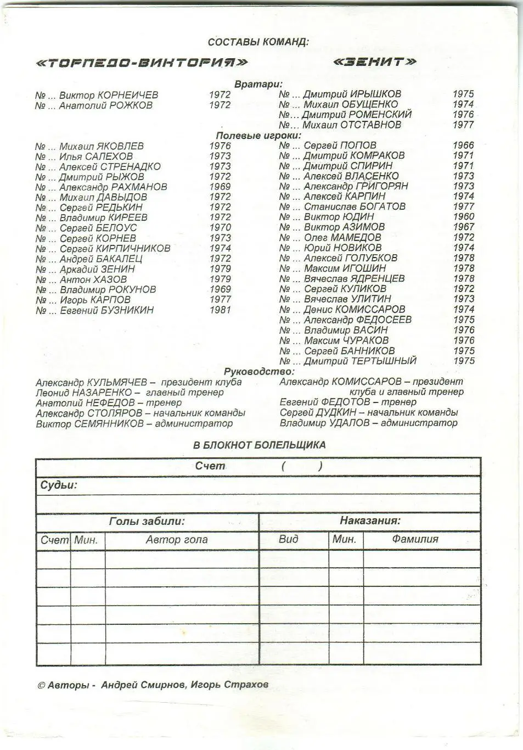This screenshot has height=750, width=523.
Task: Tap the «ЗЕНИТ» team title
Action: pos(375,61)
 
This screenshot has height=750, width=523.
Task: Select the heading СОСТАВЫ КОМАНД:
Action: pos(258,42)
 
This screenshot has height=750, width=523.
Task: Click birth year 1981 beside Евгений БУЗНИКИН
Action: pos(220,310)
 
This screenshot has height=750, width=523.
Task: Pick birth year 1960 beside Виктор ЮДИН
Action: pos(464,217)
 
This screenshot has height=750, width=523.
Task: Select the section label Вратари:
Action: pos(258,84)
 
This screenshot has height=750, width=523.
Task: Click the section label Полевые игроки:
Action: pos(258,135)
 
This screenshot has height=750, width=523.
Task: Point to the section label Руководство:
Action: pos(259,372)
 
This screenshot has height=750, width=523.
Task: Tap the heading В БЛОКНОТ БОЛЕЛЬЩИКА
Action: pos(259,445)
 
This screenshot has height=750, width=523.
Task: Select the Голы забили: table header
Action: pos(147,521)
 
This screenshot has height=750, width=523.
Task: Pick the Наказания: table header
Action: pos(370,520)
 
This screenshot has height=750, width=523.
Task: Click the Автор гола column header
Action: pos(177,540)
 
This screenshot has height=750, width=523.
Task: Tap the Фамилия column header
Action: pos(415,539)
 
